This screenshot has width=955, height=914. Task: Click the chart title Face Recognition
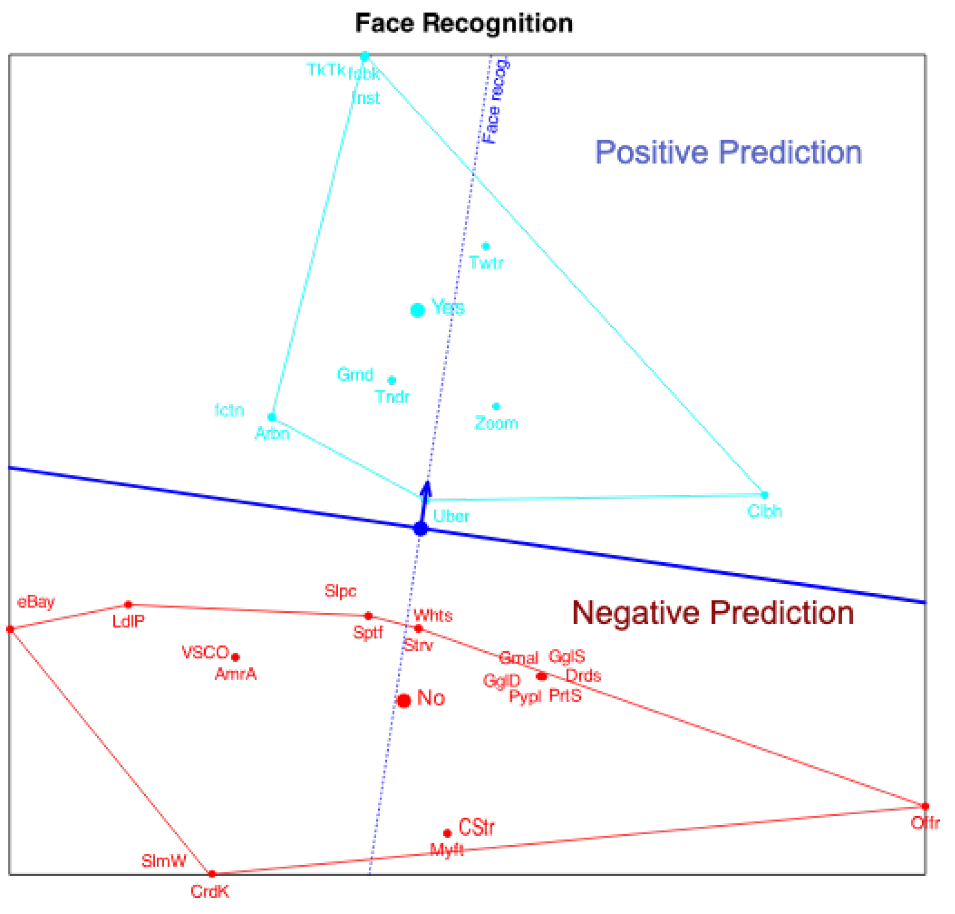point(464,23)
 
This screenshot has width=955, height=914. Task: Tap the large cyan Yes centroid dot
point(418,310)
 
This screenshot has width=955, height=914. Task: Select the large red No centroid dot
point(404,701)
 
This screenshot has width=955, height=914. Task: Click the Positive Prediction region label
point(728,152)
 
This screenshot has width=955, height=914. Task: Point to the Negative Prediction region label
point(713,613)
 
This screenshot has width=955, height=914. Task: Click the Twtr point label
point(486,263)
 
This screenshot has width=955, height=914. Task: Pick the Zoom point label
point(497,424)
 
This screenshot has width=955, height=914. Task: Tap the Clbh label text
point(765,511)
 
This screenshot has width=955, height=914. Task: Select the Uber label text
point(451,517)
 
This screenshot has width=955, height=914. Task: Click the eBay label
point(36,602)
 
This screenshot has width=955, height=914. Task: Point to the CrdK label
point(210,892)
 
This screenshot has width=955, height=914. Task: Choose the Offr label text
point(925,823)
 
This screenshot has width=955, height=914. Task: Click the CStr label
point(477,827)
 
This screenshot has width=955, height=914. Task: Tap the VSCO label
point(205,652)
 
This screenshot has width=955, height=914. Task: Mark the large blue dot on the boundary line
point(421,529)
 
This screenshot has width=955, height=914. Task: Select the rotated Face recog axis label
point(494,101)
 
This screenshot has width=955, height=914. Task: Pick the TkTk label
point(326,70)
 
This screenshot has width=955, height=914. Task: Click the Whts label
point(433,616)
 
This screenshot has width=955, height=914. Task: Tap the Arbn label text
point(273,434)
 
